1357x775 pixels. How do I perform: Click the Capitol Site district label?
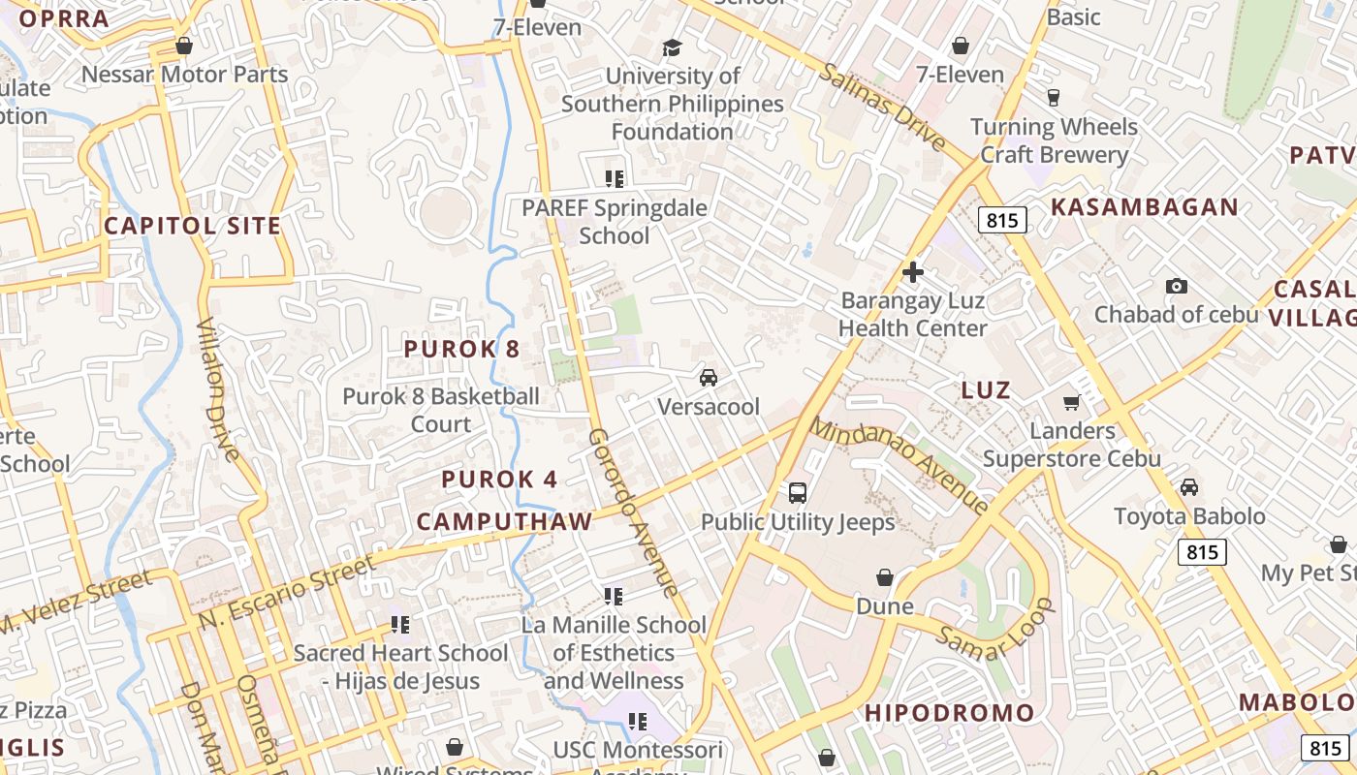[x=192, y=226]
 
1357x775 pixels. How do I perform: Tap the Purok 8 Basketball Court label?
[x=441, y=410]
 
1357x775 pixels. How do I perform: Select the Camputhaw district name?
[x=504, y=521]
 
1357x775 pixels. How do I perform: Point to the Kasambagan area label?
[x=1145, y=206]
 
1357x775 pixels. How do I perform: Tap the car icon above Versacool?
[x=709, y=377]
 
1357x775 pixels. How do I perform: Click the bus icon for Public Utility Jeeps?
[x=798, y=492]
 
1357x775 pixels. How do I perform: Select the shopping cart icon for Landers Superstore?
[x=1072, y=402]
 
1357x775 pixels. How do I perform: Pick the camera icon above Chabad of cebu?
[x=1177, y=286]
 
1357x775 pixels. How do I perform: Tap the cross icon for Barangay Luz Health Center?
[x=912, y=272]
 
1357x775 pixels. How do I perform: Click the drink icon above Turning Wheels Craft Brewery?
[x=1054, y=97]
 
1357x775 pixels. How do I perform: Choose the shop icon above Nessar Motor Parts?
[x=184, y=46]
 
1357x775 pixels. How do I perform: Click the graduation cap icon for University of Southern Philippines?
[x=673, y=47]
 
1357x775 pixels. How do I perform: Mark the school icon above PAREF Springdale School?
[x=614, y=178]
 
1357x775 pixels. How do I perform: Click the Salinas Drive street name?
[x=882, y=106]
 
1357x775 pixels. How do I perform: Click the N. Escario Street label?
[x=287, y=591]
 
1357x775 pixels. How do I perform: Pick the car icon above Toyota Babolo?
[x=1189, y=487]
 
